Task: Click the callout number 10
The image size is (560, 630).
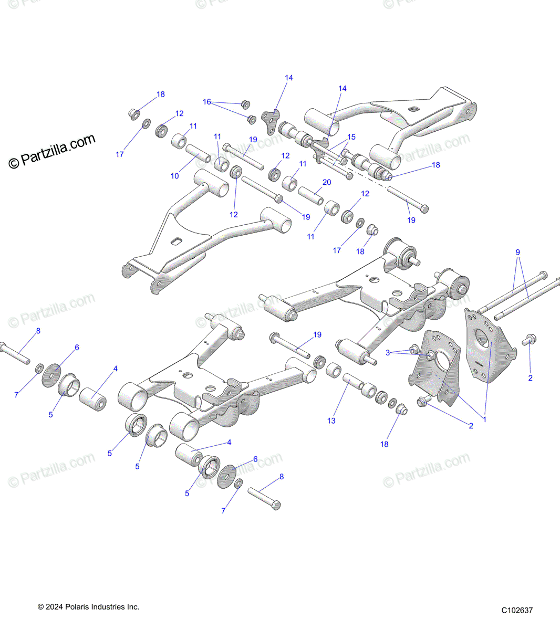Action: coord(174,176)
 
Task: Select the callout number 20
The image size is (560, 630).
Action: coord(327,182)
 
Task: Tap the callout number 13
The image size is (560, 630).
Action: coord(331,421)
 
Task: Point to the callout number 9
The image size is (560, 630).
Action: coord(517,253)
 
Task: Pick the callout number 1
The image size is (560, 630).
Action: coord(484,419)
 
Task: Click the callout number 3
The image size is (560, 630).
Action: coord(388,353)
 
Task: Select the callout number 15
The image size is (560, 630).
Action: coord(351,137)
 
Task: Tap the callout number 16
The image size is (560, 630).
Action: coord(206,102)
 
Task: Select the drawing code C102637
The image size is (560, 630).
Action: coord(517,610)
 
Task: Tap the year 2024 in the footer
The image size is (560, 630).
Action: coord(55,607)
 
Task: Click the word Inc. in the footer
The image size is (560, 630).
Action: coord(133,607)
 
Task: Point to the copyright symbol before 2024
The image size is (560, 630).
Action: coord(41,607)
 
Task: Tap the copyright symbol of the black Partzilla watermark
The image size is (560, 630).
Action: coord(14,163)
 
